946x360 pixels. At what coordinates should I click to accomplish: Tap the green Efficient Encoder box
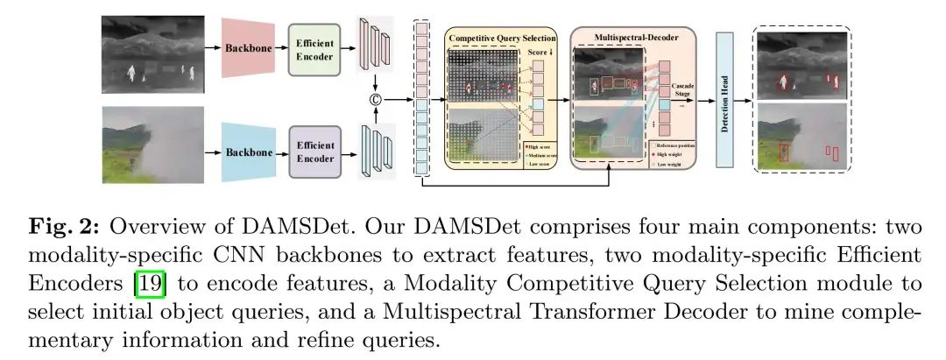click(x=313, y=48)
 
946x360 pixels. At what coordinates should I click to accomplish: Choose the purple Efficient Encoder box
click(x=313, y=152)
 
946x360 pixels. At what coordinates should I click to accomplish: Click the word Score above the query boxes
click(x=535, y=53)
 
